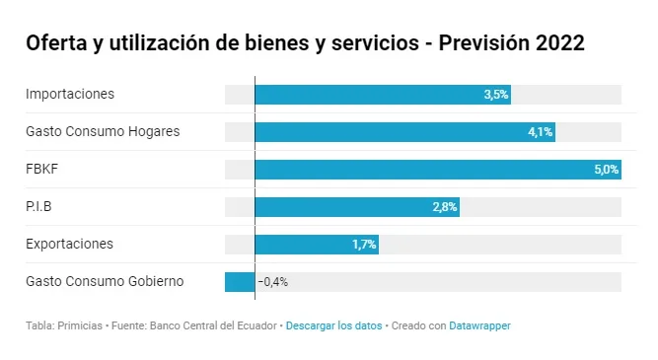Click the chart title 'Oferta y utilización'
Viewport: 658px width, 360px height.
pyautogui.click(x=117, y=43)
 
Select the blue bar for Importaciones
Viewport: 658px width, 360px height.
pyautogui.click(x=383, y=95)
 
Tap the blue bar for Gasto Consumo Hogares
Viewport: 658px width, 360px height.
pyautogui.click(x=404, y=132)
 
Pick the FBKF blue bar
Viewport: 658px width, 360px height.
pyautogui.click(x=438, y=170)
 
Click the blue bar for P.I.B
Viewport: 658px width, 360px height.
pyautogui.click(x=357, y=207)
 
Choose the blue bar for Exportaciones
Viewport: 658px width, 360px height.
pyautogui.click(x=317, y=245)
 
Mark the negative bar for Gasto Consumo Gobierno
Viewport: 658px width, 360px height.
pyautogui.click(x=240, y=282)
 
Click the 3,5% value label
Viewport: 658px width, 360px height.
pyautogui.click(x=496, y=95)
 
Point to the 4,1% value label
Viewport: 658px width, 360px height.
pyautogui.click(x=541, y=132)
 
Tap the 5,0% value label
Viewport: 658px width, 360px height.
pyautogui.click(x=607, y=170)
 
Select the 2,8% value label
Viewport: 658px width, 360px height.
pyautogui.click(x=445, y=207)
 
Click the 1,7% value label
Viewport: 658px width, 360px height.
pyautogui.click(x=364, y=245)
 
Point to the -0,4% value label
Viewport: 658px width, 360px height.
pyautogui.click(x=272, y=282)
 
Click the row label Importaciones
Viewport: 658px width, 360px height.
pyautogui.click(x=70, y=94)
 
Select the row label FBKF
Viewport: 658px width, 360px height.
pyautogui.click(x=42, y=169)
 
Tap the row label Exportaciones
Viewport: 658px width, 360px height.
pyautogui.click(x=70, y=244)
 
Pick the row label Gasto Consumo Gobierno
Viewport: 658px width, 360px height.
pyautogui.click(x=105, y=281)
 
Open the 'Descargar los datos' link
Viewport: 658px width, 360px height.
pyautogui.click(x=334, y=326)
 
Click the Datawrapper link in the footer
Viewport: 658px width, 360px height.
pyautogui.click(x=480, y=326)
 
